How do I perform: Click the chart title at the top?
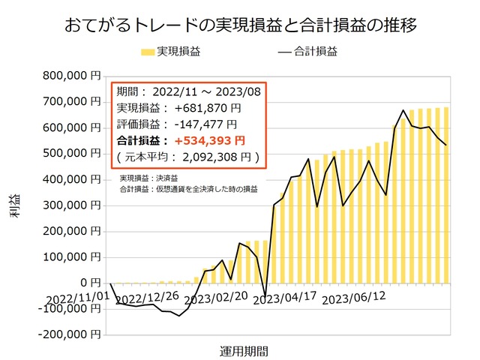pos(241,25)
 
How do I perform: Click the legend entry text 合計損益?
pos(316,52)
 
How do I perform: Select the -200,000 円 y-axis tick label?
pos(70,334)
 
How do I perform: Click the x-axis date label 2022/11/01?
pos(74,298)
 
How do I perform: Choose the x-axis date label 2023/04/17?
pos(285,298)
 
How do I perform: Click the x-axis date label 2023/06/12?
pos(354,298)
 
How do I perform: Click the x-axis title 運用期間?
pos(244,350)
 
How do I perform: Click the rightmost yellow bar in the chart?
pos(446,195)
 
